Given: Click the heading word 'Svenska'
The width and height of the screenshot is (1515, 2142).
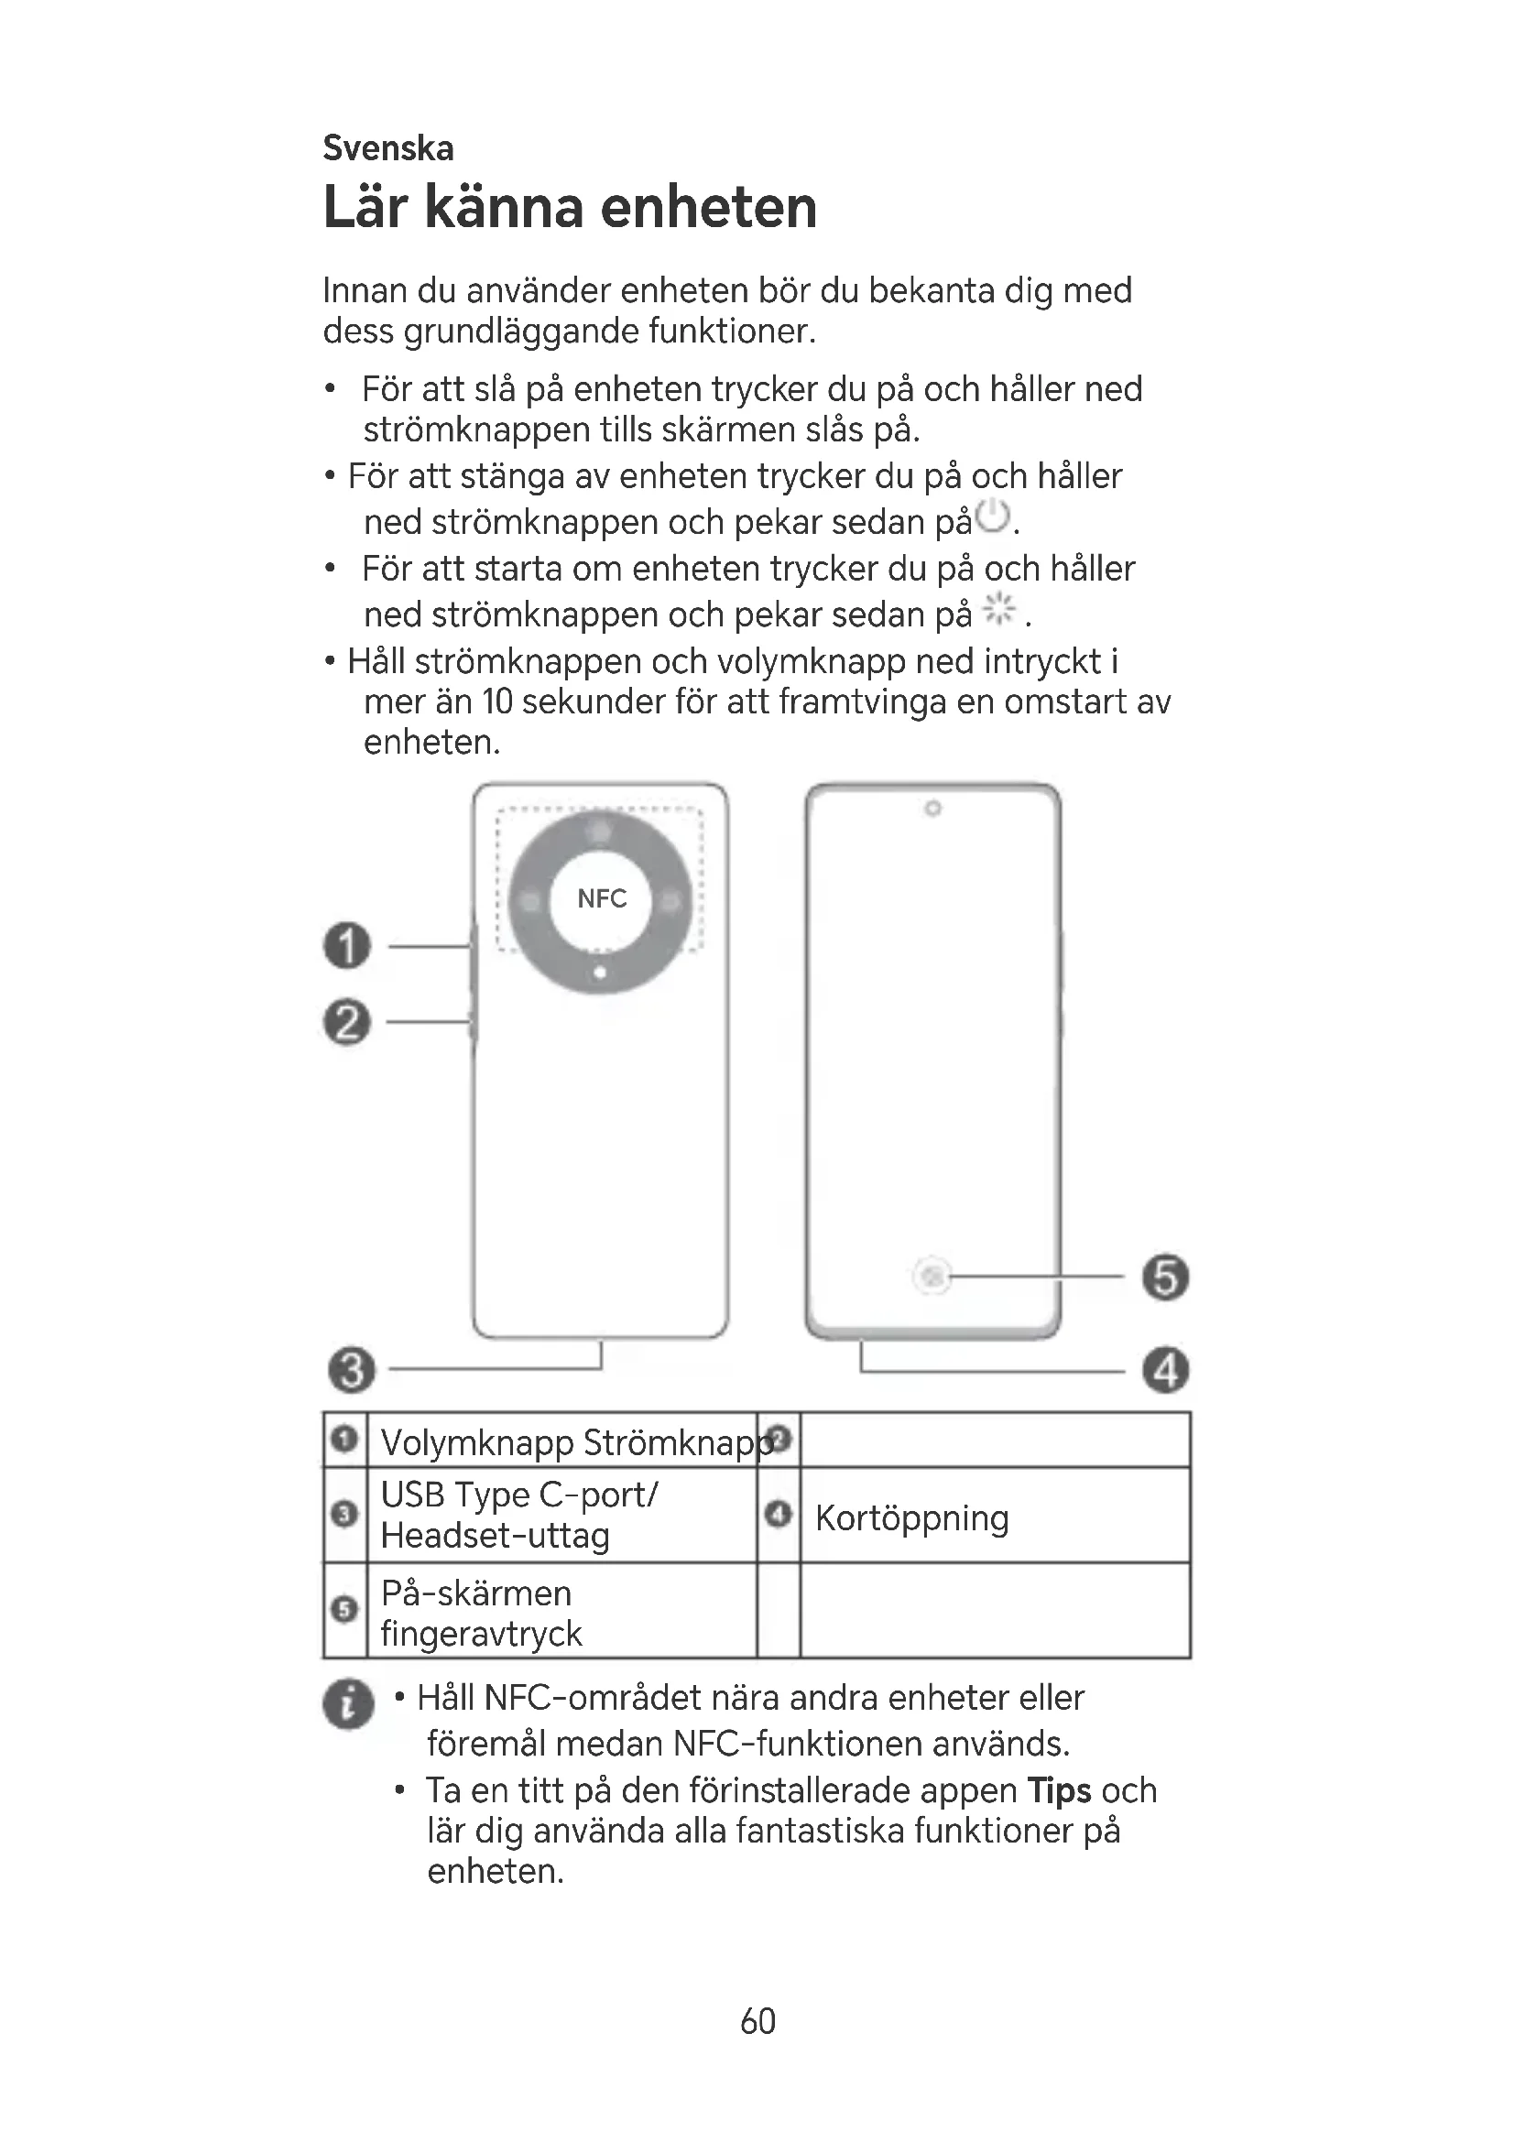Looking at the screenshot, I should [388, 148].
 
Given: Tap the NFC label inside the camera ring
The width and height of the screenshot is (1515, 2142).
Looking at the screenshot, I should [602, 898].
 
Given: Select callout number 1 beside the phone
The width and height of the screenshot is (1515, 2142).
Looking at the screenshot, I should [347, 946].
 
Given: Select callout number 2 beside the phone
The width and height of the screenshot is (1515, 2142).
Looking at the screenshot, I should [347, 1023].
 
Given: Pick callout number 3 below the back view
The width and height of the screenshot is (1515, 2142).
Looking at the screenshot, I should [352, 1371].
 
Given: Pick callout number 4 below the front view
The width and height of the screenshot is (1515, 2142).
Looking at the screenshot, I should [1165, 1371].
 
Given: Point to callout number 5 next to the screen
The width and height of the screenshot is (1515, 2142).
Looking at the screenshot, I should [1165, 1278].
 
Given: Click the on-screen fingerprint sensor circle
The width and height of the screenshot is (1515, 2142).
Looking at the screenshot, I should [932, 1276].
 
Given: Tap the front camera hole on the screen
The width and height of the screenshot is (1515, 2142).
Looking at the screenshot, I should [932, 809].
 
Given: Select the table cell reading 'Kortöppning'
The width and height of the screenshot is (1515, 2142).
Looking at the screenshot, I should [911, 1517].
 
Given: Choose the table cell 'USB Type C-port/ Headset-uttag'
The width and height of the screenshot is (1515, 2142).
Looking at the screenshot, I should [519, 1515].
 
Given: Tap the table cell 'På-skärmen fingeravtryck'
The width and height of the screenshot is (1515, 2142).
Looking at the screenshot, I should [482, 1613].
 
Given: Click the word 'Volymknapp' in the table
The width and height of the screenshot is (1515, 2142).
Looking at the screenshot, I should [476, 1443].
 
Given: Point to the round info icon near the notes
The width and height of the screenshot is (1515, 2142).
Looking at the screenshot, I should [348, 1704].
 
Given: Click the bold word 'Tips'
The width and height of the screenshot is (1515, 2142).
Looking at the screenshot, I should [1059, 1791].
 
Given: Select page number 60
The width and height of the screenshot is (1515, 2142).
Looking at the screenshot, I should [757, 2022].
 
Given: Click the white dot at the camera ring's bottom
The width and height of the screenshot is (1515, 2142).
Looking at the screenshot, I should [600, 973].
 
